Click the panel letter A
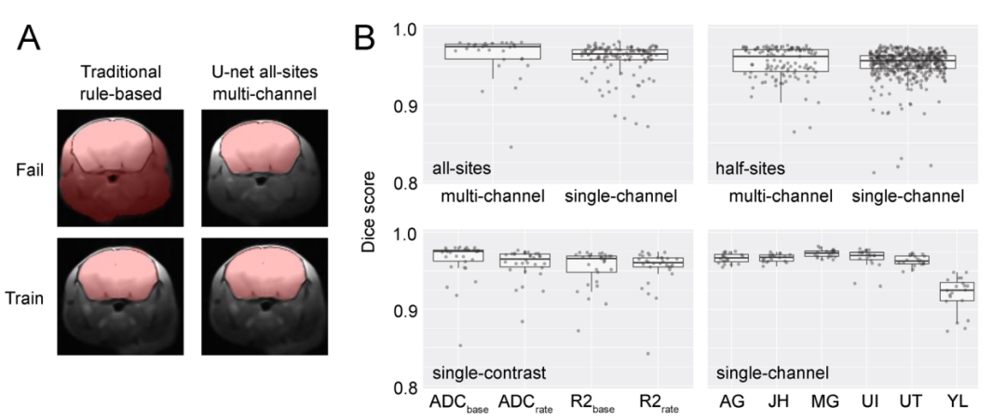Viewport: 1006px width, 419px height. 29,38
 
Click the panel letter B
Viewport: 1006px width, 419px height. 365,38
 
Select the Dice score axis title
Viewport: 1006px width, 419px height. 368,211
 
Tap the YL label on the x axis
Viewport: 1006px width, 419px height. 957,402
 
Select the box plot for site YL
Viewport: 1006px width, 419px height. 957,291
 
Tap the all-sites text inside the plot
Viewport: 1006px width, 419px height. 461,169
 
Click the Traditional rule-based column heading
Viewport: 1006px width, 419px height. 121,83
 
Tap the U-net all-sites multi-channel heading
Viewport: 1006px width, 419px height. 265,83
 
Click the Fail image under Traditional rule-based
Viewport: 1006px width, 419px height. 120,169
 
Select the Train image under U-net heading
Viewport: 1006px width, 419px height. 265,296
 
